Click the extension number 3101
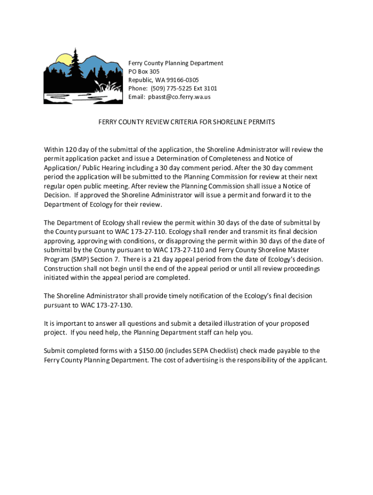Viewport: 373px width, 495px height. (x=209, y=88)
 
